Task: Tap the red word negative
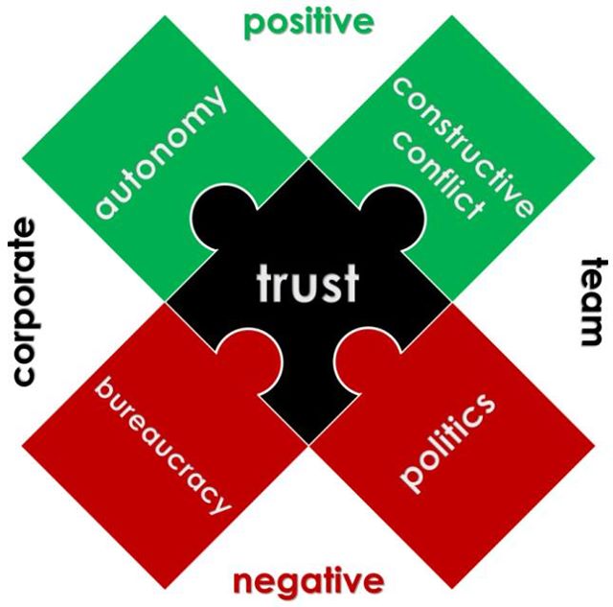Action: [x=308, y=581]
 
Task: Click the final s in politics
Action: [x=486, y=405]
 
